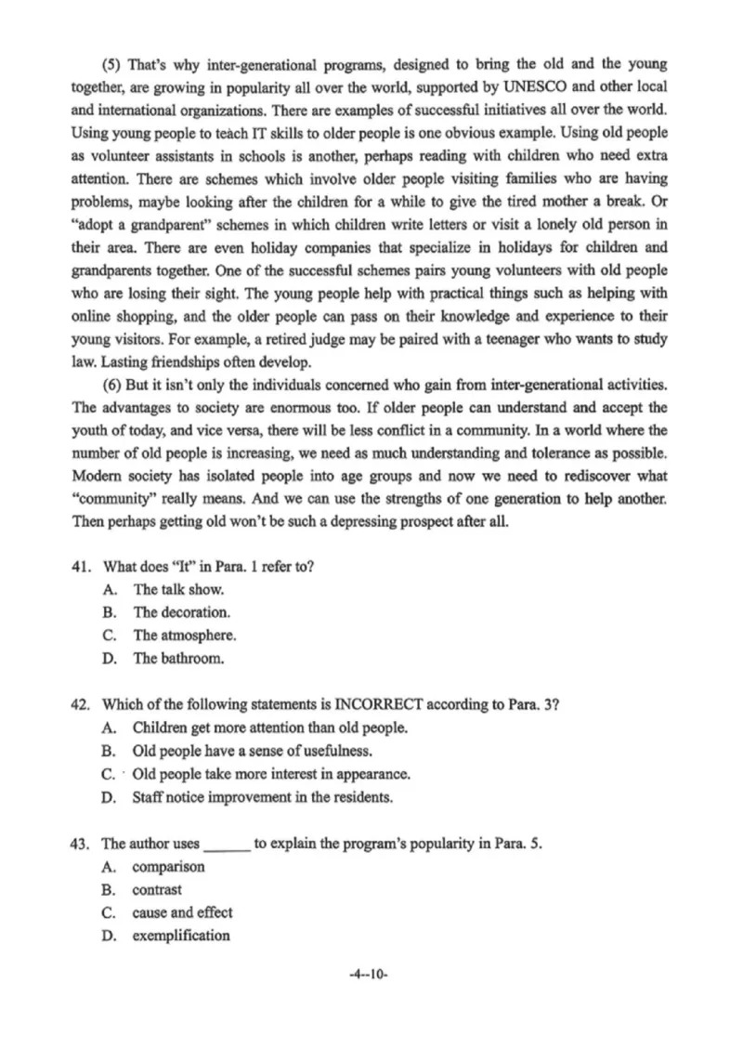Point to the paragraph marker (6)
111,385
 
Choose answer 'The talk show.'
178,590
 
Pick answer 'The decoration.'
182,613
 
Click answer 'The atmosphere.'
185,636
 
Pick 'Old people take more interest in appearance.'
271,774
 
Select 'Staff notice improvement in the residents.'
263,797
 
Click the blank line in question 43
227,846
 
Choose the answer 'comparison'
168,867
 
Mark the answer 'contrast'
157,890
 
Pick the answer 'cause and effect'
182,913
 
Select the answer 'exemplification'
180,937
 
